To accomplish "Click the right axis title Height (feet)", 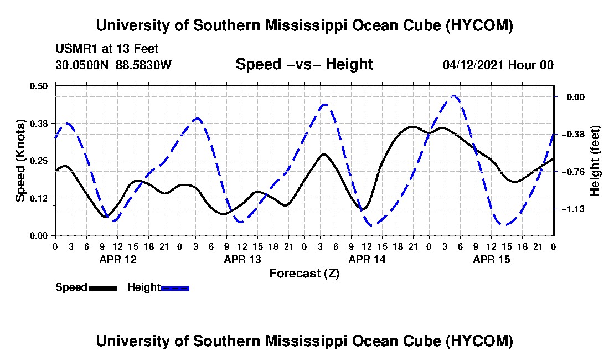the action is point(595,161).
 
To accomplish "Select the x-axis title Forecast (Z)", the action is point(304,274).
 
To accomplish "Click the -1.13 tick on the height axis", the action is point(573,209).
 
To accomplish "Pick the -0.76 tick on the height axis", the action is point(573,172).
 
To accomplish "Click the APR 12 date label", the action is point(118,259).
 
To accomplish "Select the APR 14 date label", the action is point(367,259).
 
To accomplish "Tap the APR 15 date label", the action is point(491,259).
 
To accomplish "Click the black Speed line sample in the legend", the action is point(103,288).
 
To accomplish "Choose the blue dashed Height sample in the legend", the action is point(175,288).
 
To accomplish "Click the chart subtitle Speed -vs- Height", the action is point(304,64).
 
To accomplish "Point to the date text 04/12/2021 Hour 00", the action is point(498,65).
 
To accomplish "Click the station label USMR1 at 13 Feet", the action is point(107,49).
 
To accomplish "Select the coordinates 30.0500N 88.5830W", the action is point(113,65).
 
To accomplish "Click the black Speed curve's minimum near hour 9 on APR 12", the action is point(106,217).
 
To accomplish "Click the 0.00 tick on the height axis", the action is point(576,97).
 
